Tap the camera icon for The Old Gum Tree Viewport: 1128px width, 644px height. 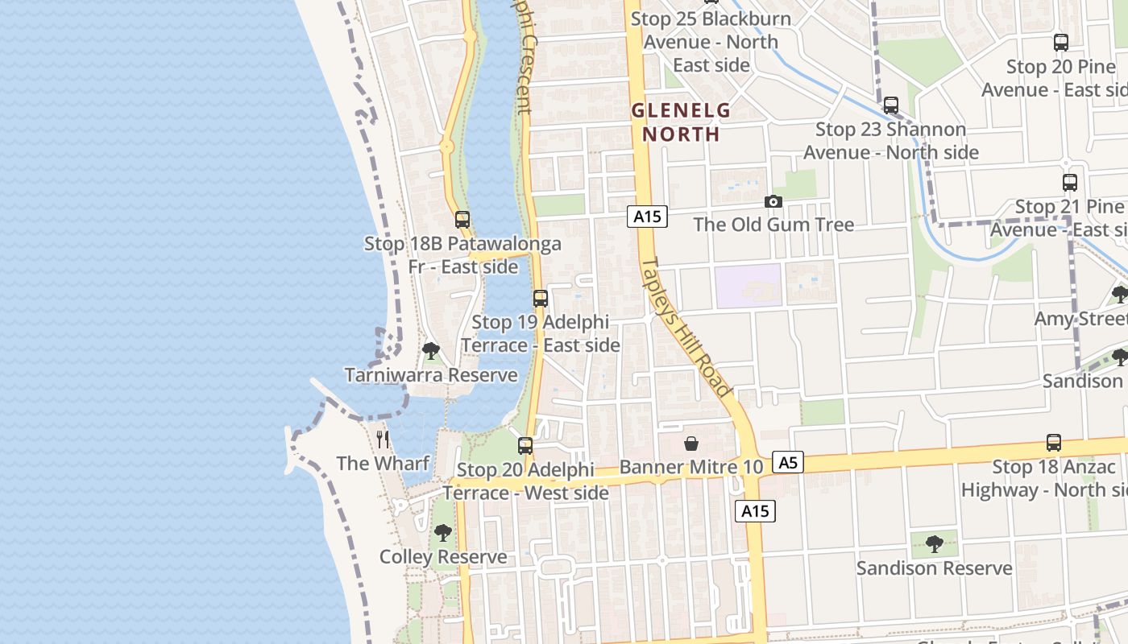coord(773,201)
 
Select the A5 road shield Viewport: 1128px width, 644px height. coord(787,462)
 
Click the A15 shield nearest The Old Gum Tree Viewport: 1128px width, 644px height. coord(647,216)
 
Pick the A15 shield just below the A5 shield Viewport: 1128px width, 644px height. coord(755,510)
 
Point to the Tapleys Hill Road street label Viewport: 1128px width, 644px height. coord(687,328)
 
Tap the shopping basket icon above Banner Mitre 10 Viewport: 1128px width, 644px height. coord(690,444)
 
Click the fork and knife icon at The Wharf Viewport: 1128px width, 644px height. coord(383,440)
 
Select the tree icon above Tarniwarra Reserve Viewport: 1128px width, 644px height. coord(431,351)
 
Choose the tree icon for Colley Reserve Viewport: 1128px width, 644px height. coord(442,533)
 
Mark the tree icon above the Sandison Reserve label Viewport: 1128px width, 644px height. coord(934,544)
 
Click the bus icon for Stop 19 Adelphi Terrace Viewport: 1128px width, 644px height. coord(541,299)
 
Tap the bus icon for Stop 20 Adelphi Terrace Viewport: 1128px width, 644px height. coord(525,446)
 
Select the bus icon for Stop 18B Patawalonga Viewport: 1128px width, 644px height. coord(462,220)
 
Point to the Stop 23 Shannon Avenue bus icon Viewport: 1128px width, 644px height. coord(891,105)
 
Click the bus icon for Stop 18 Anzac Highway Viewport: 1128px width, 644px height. coord(1053,443)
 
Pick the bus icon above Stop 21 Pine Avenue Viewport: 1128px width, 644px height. coord(1069,183)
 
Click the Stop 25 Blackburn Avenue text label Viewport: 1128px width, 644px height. coord(711,41)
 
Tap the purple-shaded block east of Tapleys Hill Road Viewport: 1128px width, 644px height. coord(748,286)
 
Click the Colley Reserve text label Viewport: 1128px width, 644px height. coord(443,557)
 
